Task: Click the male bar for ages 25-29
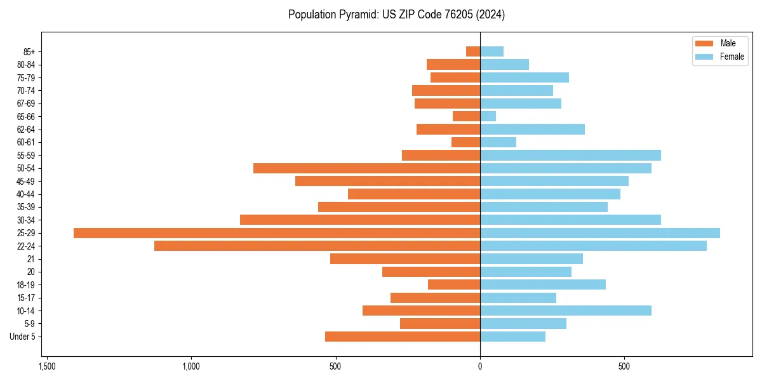(x=277, y=233)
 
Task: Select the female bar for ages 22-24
(x=593, y=246)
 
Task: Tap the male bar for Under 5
(x=403, y=337)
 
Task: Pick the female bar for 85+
(x=491, y=51)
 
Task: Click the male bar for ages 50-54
(x=366, y=168)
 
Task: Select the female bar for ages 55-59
(x=570, y=156)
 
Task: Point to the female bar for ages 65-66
(x=488, y=116)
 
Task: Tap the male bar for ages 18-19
(x=454, y=284)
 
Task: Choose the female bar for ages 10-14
(x=566, y=311)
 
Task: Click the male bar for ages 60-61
(x=465, y=142)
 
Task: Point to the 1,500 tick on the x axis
(x=46, y=366)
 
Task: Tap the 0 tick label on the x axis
(x=480, y=366)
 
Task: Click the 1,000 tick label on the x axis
(x=191, y=366)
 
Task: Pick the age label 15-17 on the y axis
(x=26, y=298)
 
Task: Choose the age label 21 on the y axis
(x=30, y=259)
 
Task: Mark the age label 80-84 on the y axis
(x=26, y=65)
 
